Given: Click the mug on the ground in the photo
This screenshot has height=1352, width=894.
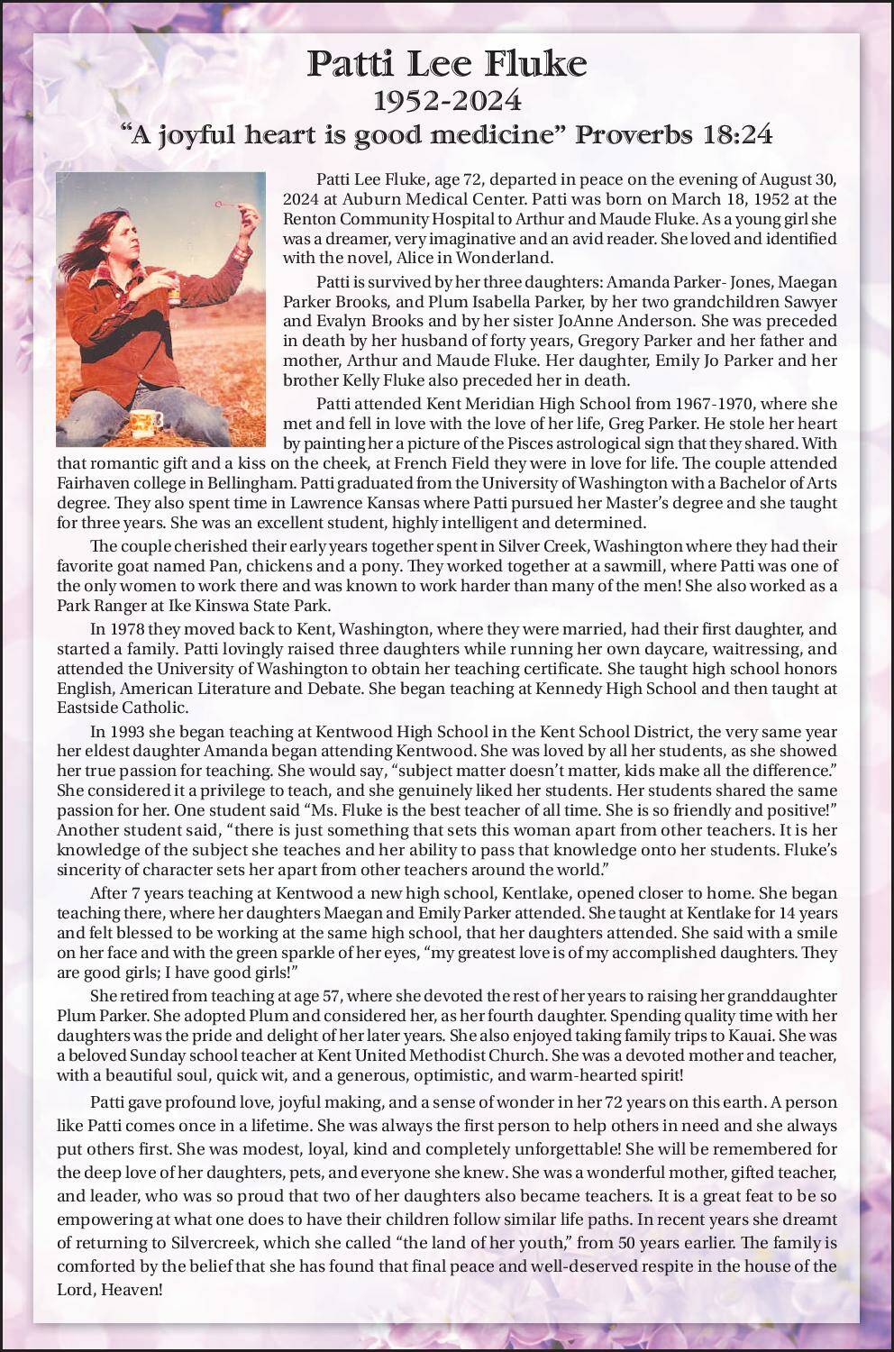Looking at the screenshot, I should (x=146, y=421).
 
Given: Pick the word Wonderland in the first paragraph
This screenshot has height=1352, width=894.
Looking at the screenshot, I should (x=511, y=257).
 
